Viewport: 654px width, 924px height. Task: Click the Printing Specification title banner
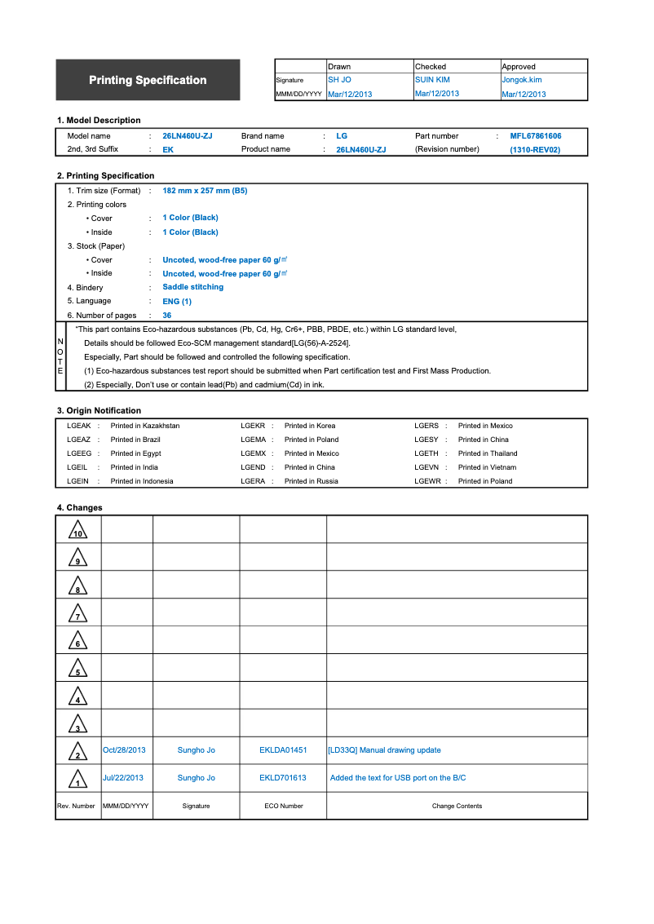pyautogui.click(x=148, y=80)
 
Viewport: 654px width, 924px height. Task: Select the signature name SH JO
pyautogui.click(x=339, y=80)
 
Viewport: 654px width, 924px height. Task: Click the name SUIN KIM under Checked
pyautogui.click(x=432, y=80)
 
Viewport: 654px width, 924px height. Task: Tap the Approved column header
pyautogui.click(x=519, y=67)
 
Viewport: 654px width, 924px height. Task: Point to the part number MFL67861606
pyautogui.click(x=535, y=136)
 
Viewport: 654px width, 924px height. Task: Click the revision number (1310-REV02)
pyautogui.click(x=535, y=150)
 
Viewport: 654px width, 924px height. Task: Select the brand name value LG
pyautogui.click(x=342, y=136)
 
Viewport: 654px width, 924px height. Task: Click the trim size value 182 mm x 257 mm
pyautogui.click(x=205, y=190)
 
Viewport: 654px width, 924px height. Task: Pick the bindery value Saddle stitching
pyautogui.click(x=192, y=287)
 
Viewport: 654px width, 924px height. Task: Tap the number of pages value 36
pyautogui.click(x=167, y=315)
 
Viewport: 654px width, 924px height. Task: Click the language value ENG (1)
pyautogui.click(x=177, y=301)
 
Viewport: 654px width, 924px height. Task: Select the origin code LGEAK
pyautogui.click(x=79, y=426)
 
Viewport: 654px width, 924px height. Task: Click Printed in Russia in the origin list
pyautogui.click(x=311, y=481)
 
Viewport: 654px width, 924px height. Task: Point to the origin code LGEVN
pyautogui.click(x=426, y=467)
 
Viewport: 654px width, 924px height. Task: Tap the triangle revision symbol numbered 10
pyautogui.click(x=77, y=530)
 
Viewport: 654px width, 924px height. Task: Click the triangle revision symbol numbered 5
pyautogui.click(x=77, y=669)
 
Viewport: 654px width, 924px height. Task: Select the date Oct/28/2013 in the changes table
pyautogui.click(x=124, y=750)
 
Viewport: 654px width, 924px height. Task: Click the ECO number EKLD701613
pyautogui.click(x=283, y=778)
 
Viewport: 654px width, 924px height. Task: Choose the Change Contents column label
pyautogui.click(x=457, y=806)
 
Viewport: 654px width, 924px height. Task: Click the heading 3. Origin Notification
pyautogui.click(x=99, y=410)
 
